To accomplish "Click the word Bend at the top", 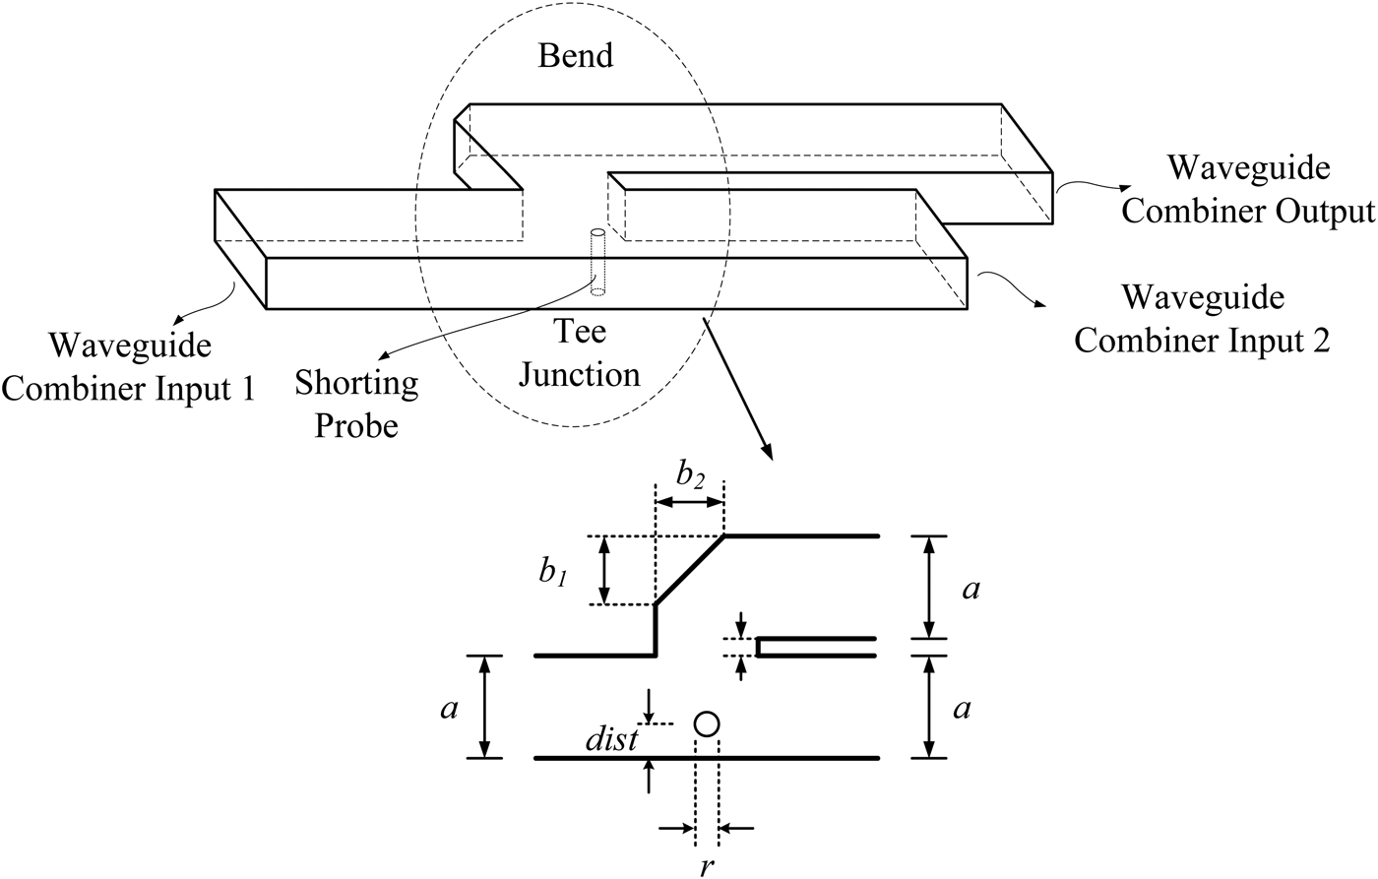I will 575,54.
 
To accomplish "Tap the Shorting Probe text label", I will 356,404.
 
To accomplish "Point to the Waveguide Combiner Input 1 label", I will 129,367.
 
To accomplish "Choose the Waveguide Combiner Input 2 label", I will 1202,318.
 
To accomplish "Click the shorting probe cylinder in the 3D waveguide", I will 596,262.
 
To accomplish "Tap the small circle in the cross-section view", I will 707,724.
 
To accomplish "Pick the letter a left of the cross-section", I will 450,709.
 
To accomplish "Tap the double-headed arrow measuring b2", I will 690,502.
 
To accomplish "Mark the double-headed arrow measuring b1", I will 605,571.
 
